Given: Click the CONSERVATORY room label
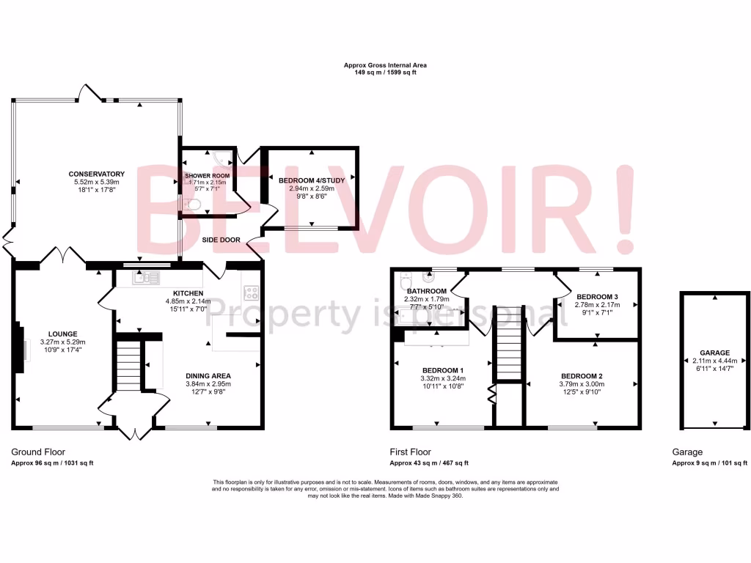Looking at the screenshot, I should pyautogui.click(x=97, y=174).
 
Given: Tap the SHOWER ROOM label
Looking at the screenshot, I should pyautogui.click(x=207, y=176).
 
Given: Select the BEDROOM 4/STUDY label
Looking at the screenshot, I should pyautogui.click(x=312, y=179).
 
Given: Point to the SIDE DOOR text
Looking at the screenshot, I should pyautogui.click(x=221, y=240).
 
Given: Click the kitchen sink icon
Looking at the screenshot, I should pyautogui.click(x=145, y=277).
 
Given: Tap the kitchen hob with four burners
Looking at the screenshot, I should pyautogui.click(x=249, y=292).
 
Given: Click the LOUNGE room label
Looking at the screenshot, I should pyautogui.click(x=62, y=334).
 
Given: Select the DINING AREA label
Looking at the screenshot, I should pyautogui.click(x=208, y=375).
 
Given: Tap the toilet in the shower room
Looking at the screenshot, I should pyautogui.click(x=191, y=204).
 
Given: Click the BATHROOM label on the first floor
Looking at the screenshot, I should pyautogui.click(x=426, y=291).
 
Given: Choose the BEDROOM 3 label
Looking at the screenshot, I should pyautogui.click(x=597, y=297).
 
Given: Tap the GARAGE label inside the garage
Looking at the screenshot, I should pyautogui.click(x=714, y=353).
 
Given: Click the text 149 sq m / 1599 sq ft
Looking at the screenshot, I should pyautogui.click(x=385, y=73).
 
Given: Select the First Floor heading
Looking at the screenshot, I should pyautogui.click(x=410, y=452).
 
